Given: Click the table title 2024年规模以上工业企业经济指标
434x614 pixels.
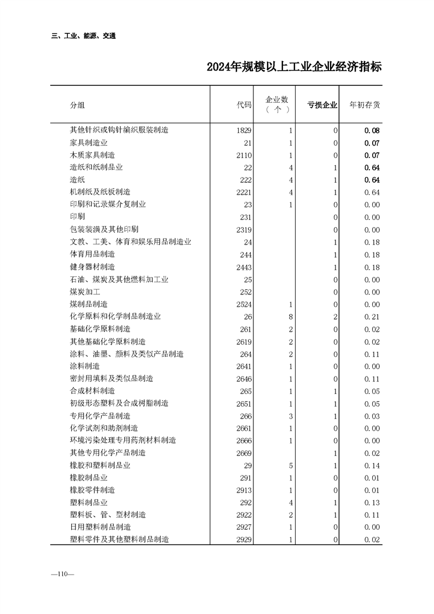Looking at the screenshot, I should (x=294, y=67).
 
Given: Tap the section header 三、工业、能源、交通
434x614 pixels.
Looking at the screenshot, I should (x=83, y=36).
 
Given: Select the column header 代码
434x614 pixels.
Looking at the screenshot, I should (x=244, y=105).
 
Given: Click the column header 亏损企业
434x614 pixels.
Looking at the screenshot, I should (x=322, y=105).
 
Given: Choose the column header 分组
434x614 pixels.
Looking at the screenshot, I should (x=77, y=105).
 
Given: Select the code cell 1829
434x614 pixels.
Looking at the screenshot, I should (x=244, y=130).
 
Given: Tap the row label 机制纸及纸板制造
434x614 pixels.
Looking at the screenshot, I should (x=100, y=192).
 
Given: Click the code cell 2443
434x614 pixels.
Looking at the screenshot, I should (x=244, y=267).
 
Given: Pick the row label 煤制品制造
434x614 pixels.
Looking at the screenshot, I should (x=88, y=304).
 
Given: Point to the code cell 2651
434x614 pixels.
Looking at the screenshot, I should (x=244, y=403).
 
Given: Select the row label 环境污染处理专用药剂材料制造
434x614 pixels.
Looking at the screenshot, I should (x=123, y=441).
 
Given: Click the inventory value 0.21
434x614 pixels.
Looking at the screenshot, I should (x=372, y=316).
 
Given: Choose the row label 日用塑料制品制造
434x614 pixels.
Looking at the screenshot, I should (x=100, y=527).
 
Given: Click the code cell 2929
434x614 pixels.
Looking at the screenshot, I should (x=244, y=540).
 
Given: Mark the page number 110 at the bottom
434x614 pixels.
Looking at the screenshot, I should (x=62, y=574).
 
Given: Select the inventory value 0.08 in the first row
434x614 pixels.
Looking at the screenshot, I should (x=372, y=130).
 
